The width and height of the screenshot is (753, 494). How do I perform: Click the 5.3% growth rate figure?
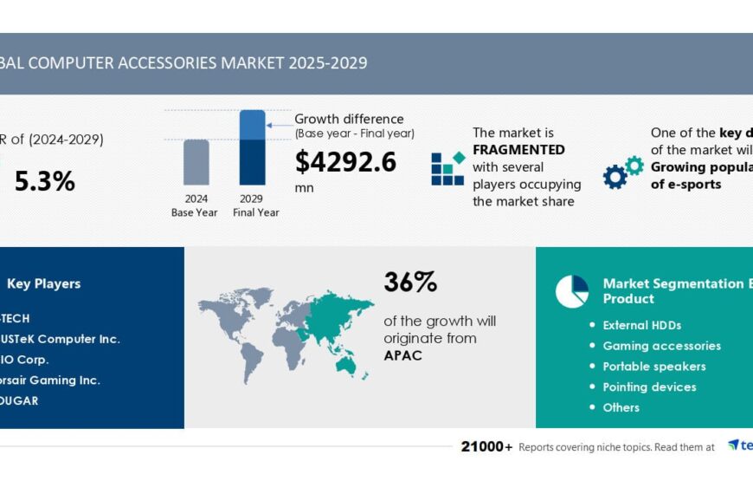(x=44, y=181)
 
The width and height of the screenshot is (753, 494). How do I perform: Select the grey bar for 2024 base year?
(x=196, y=162)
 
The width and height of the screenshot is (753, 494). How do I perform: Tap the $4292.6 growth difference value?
(x=345, y=162)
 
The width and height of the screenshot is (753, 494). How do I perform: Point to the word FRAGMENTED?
(x=518, y=150)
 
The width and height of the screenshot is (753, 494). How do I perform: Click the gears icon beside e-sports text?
(x=623, y=172)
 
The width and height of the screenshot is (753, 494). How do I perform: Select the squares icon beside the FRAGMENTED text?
(x=447, y=168)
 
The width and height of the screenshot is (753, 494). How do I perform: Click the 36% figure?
(x=410, y=282)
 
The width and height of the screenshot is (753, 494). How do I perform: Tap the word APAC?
(x=403, y=355)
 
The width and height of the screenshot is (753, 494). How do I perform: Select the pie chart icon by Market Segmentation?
(x=571, y=291)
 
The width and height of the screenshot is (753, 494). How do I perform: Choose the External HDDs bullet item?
(x=641, y=325)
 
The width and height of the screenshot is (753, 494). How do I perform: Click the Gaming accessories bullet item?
(x=661, y=346)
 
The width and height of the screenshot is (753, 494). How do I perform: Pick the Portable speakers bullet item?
(x=653, y=367)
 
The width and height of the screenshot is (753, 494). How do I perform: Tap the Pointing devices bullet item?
(x=649, y=387)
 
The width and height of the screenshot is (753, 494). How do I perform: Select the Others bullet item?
(x=621, y=407)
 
